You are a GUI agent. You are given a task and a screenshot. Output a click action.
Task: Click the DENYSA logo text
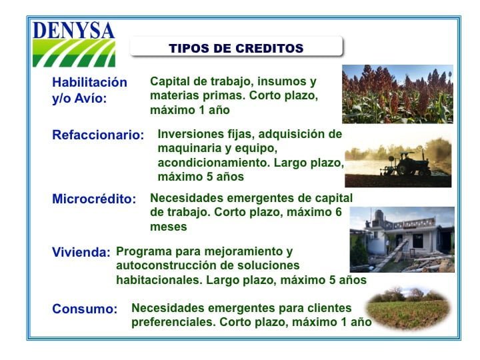coord(73,30)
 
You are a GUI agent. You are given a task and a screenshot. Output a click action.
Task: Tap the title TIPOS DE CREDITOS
coord(236,48)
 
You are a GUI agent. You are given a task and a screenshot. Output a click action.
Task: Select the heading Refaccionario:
coord(98,135)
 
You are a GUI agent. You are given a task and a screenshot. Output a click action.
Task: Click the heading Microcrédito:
coord(94,199)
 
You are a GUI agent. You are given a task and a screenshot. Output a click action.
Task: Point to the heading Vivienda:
coord(81,252)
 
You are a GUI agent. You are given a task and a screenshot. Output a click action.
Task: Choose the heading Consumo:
coord(85,309)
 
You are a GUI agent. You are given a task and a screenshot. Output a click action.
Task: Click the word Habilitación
coord(89,82)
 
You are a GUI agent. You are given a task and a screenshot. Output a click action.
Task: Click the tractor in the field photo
coord(407,164)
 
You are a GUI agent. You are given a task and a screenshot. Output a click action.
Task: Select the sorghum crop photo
coord(397,94)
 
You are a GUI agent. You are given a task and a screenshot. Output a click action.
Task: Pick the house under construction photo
coord(402,239)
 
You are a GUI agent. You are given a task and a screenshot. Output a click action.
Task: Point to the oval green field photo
coord(409,309)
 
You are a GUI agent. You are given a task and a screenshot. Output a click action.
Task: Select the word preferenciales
coord(173,322)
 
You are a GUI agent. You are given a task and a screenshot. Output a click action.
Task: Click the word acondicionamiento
coord(213,163)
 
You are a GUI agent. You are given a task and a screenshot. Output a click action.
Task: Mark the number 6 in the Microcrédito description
coord(338,212)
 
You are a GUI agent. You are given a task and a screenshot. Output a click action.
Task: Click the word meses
coord(169,227)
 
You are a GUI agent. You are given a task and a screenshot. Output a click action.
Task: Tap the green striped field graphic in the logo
coord(74,53)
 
